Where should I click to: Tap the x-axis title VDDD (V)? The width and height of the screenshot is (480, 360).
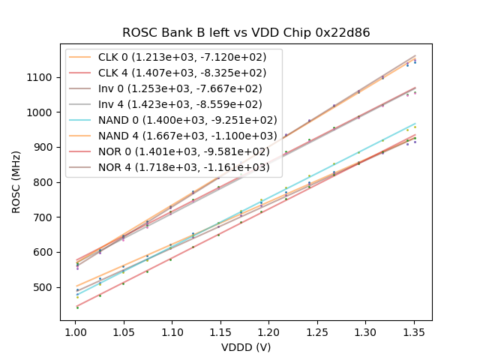tap(246, 347)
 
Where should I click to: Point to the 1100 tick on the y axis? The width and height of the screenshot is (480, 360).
tap(42, 77)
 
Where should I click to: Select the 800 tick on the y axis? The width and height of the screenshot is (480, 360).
tap(45, 182)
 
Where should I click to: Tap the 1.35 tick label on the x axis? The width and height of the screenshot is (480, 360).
tap(264, 331)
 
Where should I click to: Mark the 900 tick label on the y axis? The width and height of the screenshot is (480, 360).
tap(45, 147)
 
